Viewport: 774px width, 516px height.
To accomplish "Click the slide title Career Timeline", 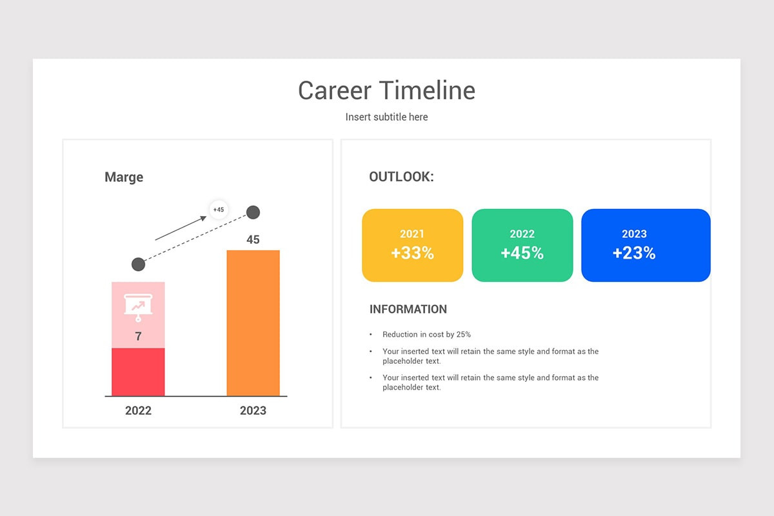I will pyautogui.click(x=386, y=90).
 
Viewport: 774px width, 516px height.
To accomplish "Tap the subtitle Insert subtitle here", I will pyautogui.click(x=386, y=117).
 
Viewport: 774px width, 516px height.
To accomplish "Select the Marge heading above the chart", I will pyautogui.click(x=124, y=177).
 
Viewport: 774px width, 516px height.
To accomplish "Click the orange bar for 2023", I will pyautogui.click(x=253, y=322).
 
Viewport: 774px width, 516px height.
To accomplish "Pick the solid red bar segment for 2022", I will pyautogui.click(x=138, y=372).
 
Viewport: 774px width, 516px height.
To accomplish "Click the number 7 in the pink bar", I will pyautogui.click(x=138, y=336).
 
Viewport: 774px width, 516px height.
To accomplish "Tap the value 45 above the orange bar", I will pyautogui.click(x=253, y=239).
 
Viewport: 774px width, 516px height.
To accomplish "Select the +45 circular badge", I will pyautogui.click(x=219, y=210).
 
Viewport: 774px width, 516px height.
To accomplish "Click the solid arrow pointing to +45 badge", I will pyautogui.click(x=181, y=228).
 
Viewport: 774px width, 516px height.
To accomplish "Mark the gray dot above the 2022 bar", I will pyautogui.click(x=138, y=264).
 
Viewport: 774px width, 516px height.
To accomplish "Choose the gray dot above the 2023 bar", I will pyautogui.click(x=253, y=212).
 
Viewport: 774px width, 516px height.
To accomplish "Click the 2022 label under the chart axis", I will pyautogui.click(x=138, y=410).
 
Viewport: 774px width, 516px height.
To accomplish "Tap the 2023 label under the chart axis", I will pyautogui.click(x=253, y=410).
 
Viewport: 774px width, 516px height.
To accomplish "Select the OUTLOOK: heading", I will pyautogui.click(x=401, y=177).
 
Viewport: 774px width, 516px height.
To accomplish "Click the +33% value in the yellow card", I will pyautogui.click(x=412, y=253).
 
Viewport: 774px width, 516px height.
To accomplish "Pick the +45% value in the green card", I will pyautogui.click(x=522, y=253).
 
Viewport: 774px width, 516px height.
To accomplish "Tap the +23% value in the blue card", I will pyautogui.click(x=634, y=253).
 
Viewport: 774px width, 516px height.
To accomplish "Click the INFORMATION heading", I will pyautogui.click(x=408, y=309).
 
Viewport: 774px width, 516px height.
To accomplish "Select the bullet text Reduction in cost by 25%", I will pyautogui.click(x=426, y=334).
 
